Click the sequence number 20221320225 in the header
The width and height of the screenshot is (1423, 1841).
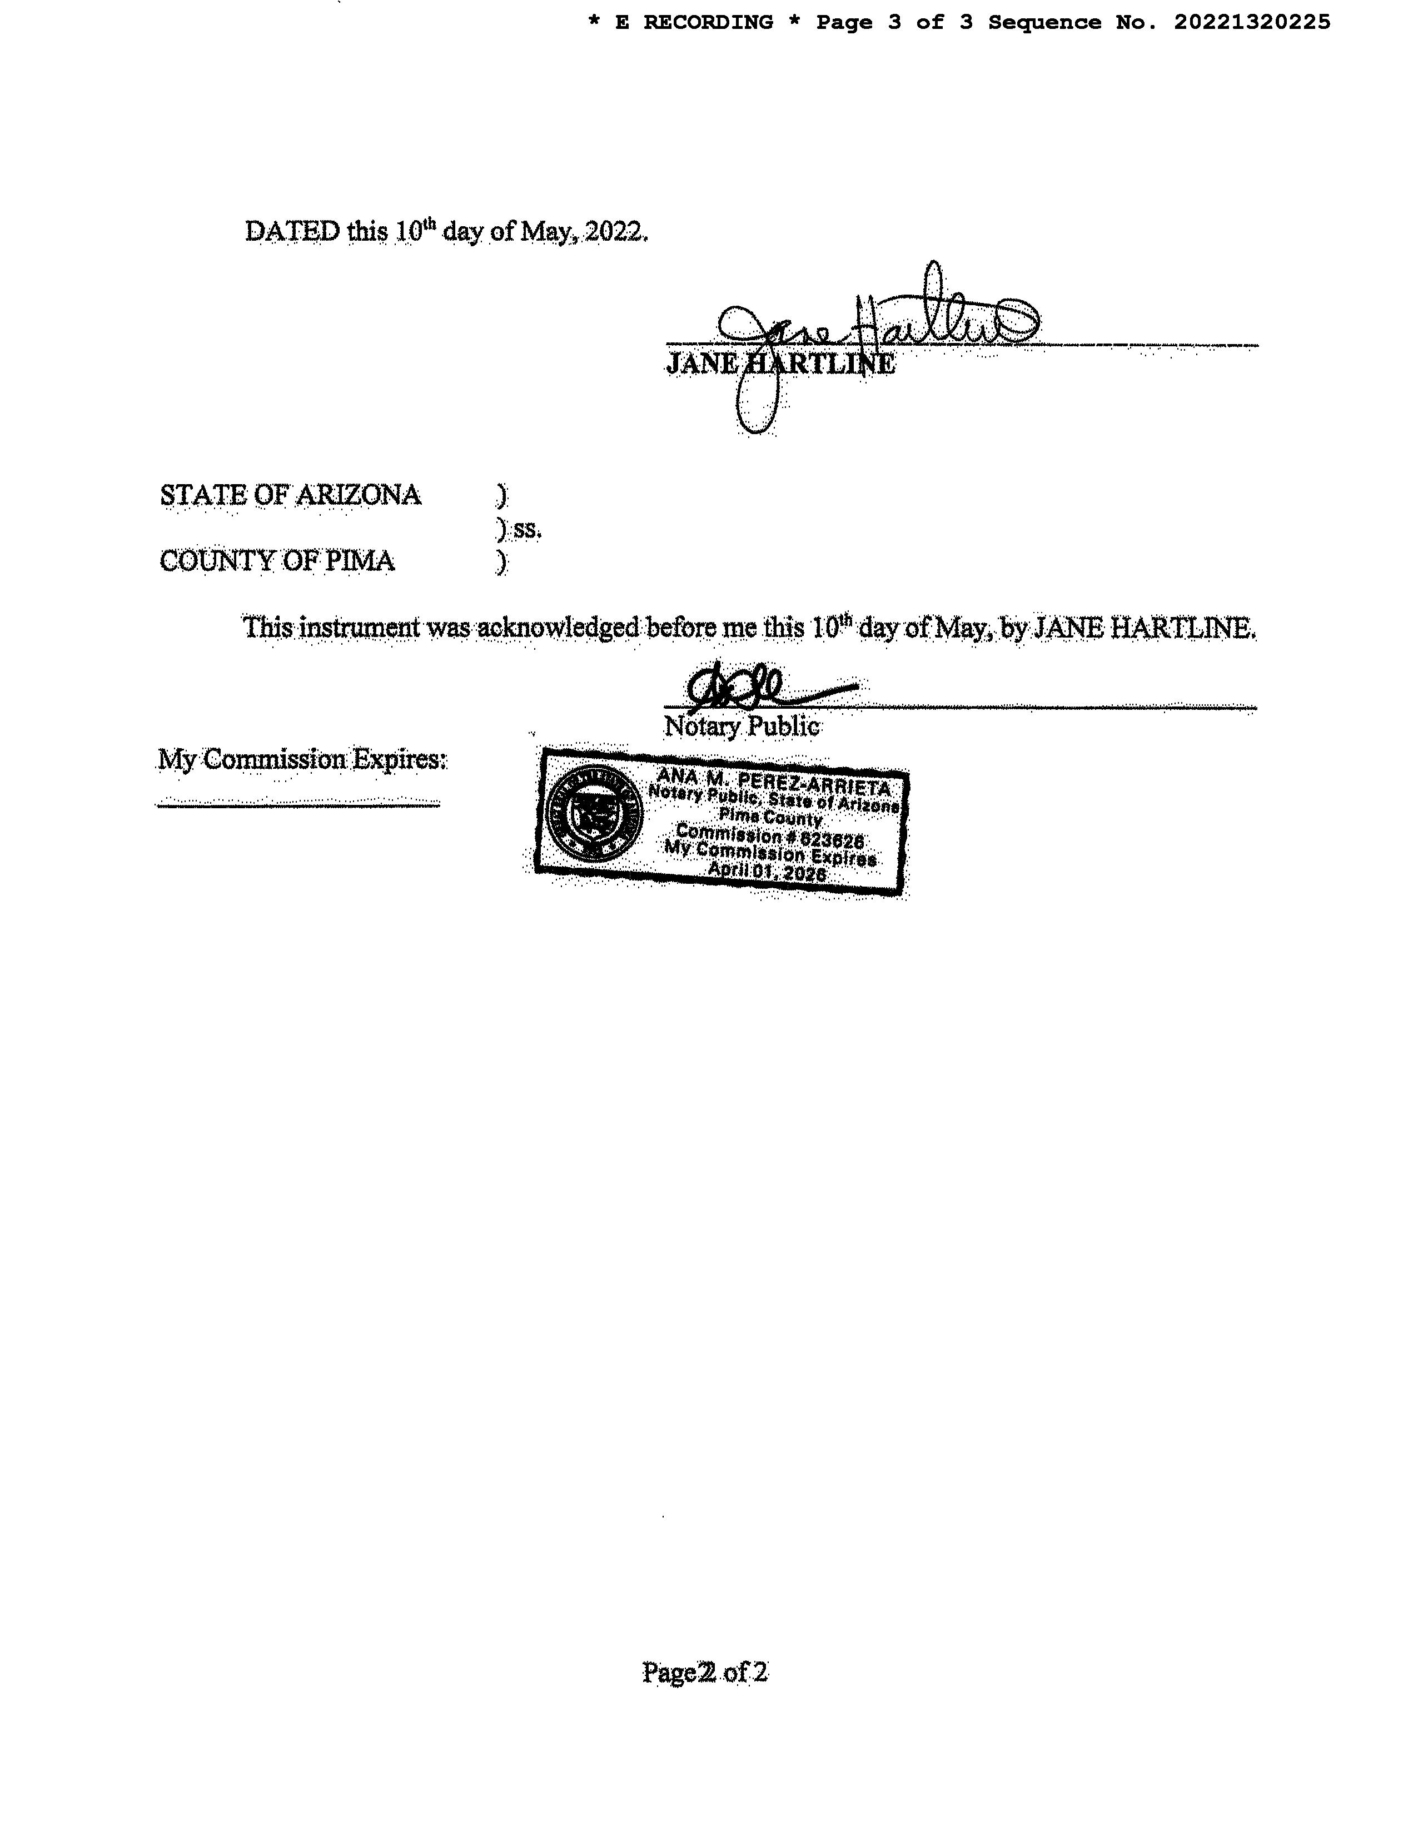coord(1252,23)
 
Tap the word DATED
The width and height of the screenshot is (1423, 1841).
coord(292,231)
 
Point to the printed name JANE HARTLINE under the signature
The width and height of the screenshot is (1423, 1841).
coord(780,364)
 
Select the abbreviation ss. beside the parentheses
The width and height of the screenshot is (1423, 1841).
coord(528,529)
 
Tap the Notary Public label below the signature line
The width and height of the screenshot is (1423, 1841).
coord(742,727)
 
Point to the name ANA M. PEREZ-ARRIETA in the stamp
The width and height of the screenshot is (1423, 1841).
coord(773,782)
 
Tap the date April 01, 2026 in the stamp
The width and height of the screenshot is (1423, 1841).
coord(767,873)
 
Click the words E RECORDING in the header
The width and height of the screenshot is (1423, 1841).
coord(694,23)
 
